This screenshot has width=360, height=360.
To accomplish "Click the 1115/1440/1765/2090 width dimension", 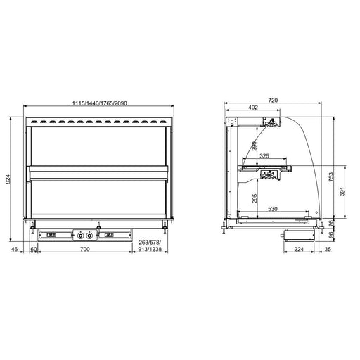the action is coord(99,103).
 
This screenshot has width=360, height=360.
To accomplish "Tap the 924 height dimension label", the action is coord(8,179).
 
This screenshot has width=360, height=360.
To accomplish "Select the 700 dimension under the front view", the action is coord(85,249).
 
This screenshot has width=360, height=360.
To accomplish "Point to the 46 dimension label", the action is coord(15,249).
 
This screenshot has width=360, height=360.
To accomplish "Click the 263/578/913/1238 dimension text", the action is coord(150,245).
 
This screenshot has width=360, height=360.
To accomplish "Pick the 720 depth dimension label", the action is coord(273,101).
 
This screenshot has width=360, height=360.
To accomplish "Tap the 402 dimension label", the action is coord(253,108).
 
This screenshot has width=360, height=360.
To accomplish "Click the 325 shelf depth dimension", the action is coord(264,155).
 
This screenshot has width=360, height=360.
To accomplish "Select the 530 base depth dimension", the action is coord(273,209).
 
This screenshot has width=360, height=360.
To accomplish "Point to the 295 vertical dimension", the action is coord(255,198).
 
